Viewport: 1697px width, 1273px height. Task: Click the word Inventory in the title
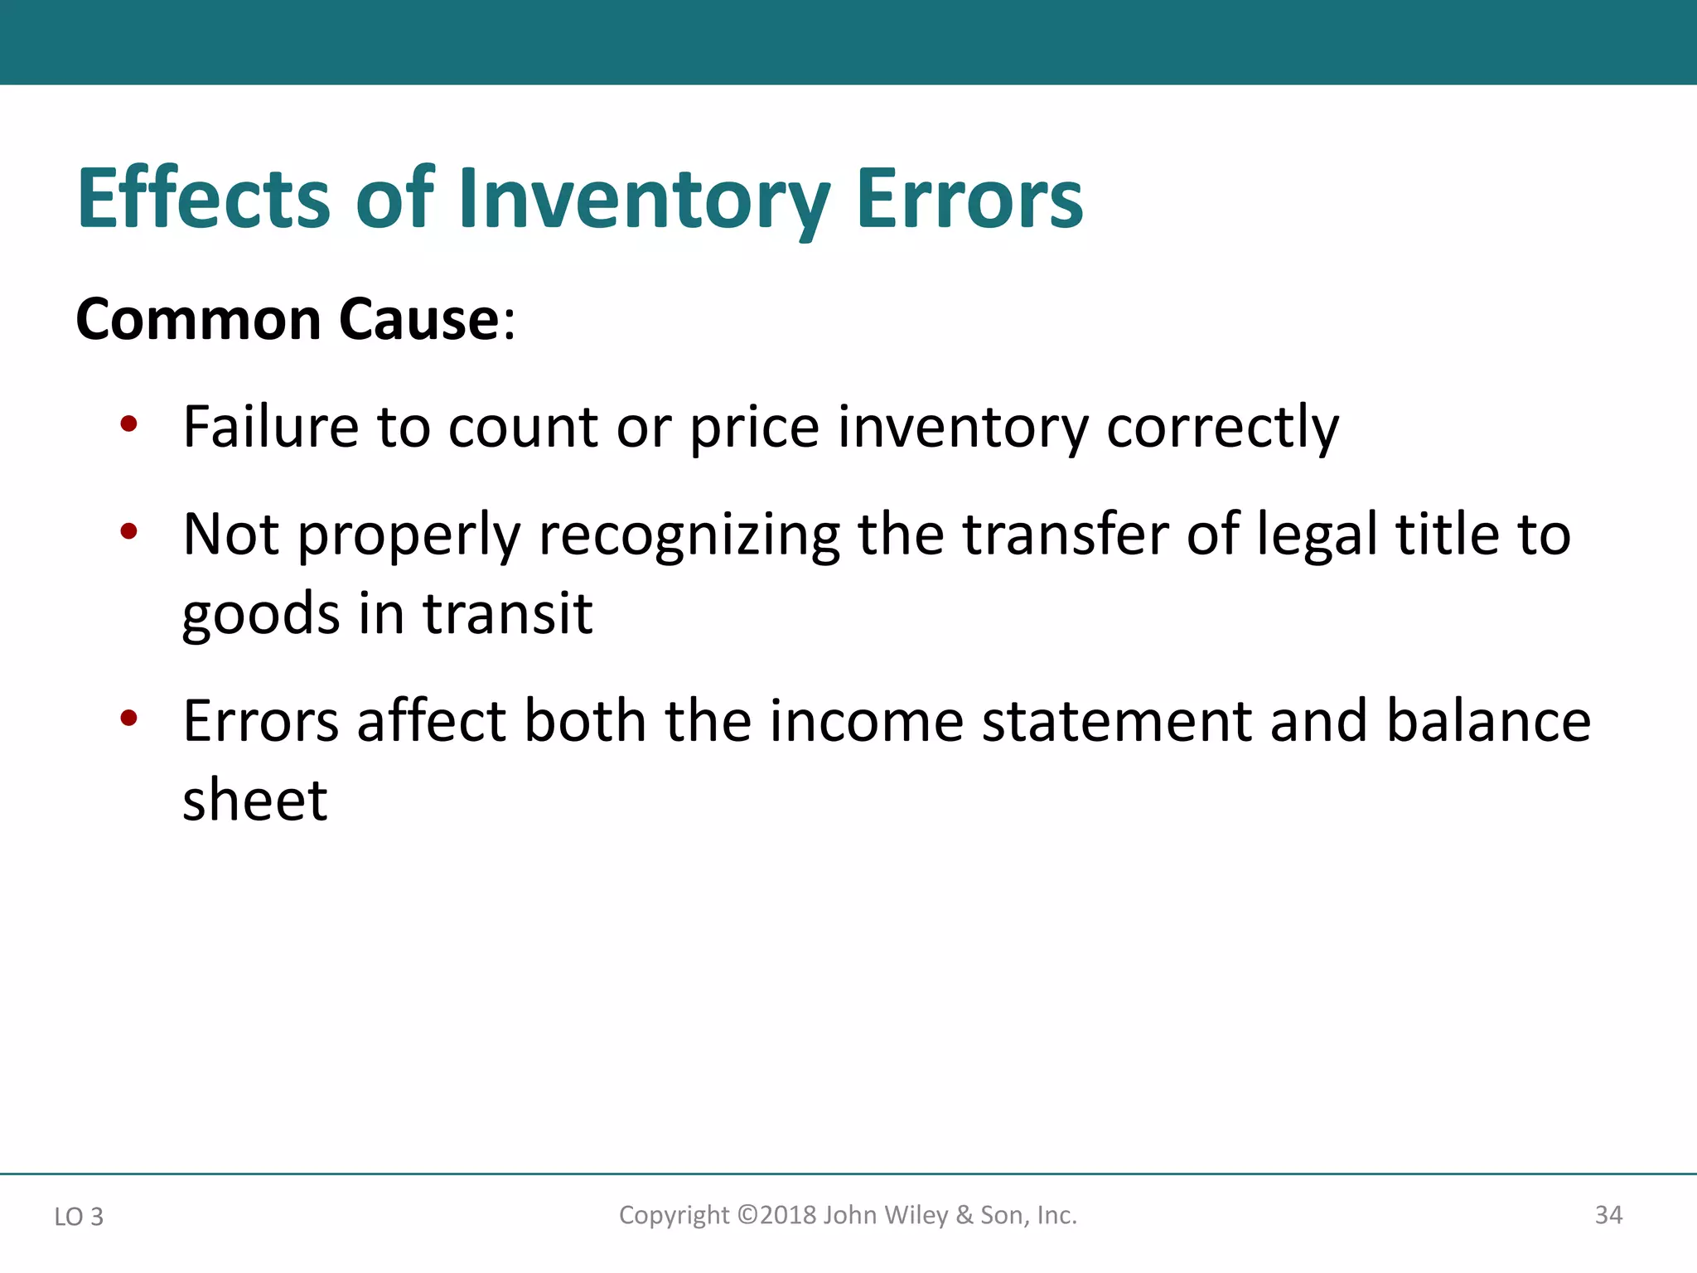click(643, 199)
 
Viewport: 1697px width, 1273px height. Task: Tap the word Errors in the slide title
click(969, 199)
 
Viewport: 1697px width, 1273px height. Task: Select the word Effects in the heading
click(204, 199)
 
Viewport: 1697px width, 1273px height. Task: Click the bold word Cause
click(419, 320)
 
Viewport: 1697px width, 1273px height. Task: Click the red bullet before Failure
click(128, 425)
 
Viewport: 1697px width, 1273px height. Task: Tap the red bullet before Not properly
click(128, 531)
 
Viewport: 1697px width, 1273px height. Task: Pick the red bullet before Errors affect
click(128, 718)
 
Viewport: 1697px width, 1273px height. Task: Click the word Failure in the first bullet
click(270, 427)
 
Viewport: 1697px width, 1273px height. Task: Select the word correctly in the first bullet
click(1222, 428)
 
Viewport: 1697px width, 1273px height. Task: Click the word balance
click(1488, 720)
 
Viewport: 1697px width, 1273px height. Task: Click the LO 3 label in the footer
click(79, 1217)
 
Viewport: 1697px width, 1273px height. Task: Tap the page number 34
click(1608, 1215)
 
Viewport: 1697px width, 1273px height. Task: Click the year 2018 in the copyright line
click(788, 1215)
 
